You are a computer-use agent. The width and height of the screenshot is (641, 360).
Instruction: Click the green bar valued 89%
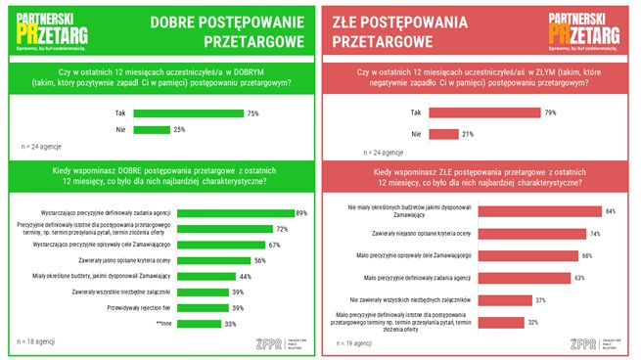[213, 213]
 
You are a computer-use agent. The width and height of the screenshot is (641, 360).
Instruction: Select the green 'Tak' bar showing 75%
[188, 113]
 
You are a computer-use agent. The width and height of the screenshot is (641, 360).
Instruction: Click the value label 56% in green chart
[260, 261]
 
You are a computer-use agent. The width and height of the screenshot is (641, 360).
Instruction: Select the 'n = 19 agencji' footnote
[351, 343]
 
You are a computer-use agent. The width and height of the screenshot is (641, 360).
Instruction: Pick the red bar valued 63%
[489, 278]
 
